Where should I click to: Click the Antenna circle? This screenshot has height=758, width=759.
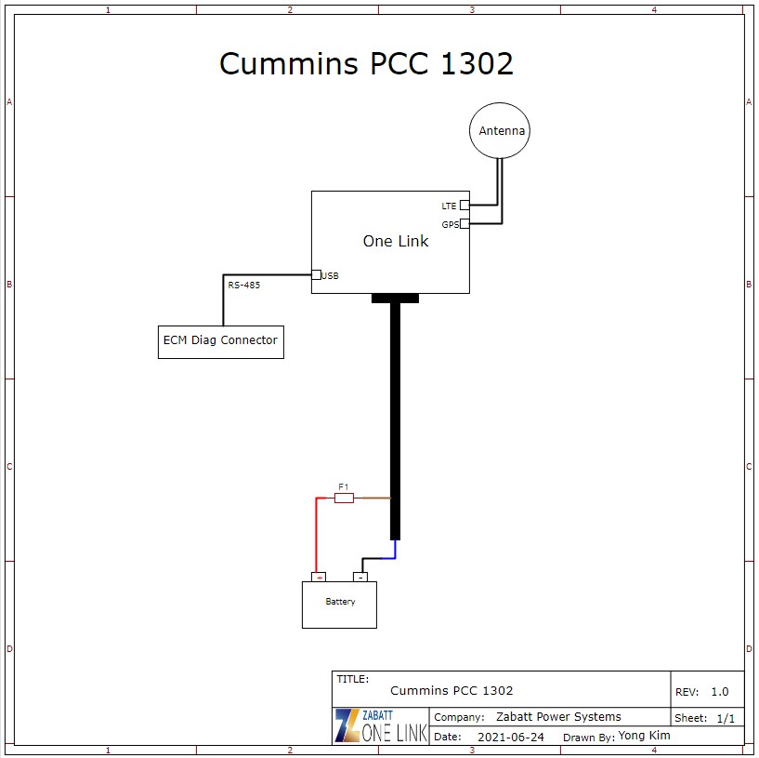(x=500, y=131)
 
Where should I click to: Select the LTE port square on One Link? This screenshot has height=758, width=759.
(x=465, y=205)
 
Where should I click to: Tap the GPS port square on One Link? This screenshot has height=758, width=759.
(x=465, y=223)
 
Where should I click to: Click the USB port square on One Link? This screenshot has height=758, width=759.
(x=316, y=274)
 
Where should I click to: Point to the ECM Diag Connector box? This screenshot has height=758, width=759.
(x=220, y=341)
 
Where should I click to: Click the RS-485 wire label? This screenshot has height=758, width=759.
(x=244, y=286)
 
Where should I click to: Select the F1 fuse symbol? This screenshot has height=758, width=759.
(x=344, y=499)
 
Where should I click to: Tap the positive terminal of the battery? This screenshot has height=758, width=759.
(x=319, y=578)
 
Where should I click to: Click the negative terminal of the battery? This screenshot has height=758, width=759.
(x=360, y=578)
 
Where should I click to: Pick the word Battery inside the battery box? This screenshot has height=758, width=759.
(x=340, y=602)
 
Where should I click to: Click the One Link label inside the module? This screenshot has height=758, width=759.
(x=396, y=241)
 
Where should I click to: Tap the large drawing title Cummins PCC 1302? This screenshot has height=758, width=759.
(x=366, y=63)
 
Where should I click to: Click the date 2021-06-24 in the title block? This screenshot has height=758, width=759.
(x=511, y=737)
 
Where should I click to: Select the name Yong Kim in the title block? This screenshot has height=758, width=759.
(x=644, y=736)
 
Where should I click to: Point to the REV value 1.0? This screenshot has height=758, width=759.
(x=720, y=692)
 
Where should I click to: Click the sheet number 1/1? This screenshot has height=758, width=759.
(x=726, y=718)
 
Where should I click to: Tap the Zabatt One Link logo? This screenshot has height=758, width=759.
(x=381, y=725)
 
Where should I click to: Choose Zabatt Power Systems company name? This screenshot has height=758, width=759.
(x=558, y=717)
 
